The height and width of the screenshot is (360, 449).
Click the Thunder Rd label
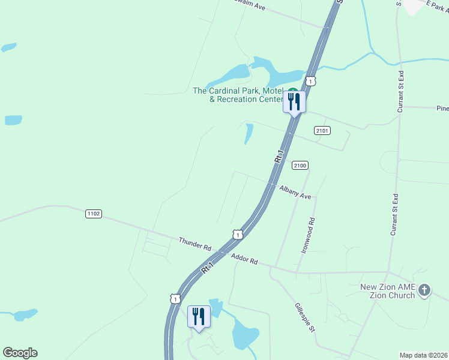point(195,244)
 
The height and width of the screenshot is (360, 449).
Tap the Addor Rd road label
point(244,259)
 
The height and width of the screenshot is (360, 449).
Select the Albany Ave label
point(295,193)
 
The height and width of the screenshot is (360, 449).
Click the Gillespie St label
point(305,318)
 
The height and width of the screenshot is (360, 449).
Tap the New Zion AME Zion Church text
point(388,291)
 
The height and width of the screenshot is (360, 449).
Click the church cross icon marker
point(424,291)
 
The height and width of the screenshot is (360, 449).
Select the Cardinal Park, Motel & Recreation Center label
point(238,95)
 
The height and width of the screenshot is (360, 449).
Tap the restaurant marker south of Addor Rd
point(199,316)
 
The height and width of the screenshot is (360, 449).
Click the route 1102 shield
point(93,213)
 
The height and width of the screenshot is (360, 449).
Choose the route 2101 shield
point(322,130)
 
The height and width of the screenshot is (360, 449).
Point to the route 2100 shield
point(300,165)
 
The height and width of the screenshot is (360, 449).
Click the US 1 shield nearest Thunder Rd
point(238,234)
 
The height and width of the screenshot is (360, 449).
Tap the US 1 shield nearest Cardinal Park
point(310,80)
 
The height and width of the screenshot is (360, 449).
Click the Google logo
point(20,353)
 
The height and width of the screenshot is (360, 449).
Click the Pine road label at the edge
point(442,109)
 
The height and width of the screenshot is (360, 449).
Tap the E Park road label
point(436,4)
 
